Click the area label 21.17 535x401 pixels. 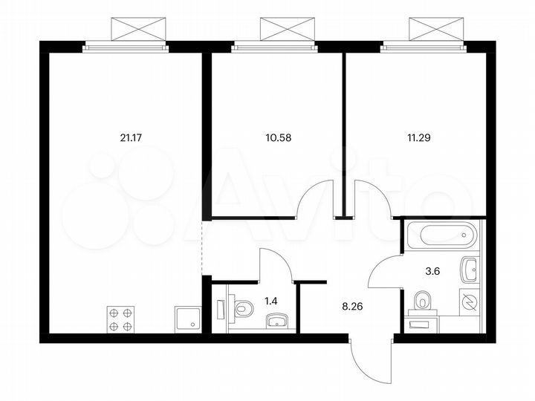pos(130,137)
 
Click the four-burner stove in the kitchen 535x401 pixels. pos(120,319)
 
